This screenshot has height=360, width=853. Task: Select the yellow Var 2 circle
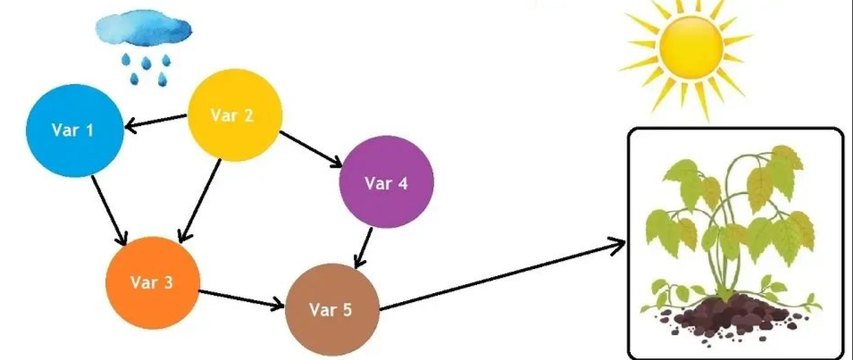pos(234,115)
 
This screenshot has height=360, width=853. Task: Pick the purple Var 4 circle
pos(386,184)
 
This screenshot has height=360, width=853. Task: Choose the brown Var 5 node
pos(331,310)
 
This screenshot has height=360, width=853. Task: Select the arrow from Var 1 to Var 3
pos(108,206)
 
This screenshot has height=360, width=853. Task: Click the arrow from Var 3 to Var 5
pos(241,300)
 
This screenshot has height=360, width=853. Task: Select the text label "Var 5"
pos(330,310)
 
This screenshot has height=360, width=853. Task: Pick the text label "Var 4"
pos(386,184)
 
